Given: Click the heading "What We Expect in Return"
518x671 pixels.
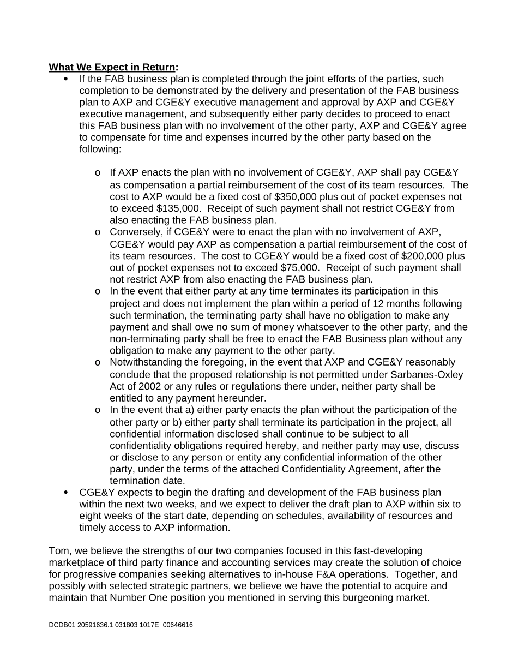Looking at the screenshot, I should [112, 67].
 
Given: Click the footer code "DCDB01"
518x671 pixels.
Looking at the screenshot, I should [60, 625].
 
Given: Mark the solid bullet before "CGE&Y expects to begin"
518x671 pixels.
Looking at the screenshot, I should [67, 493].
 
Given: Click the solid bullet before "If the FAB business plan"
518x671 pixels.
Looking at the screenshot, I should [67, 79].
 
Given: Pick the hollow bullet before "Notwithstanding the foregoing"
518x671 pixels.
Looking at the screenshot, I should [98, 363].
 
